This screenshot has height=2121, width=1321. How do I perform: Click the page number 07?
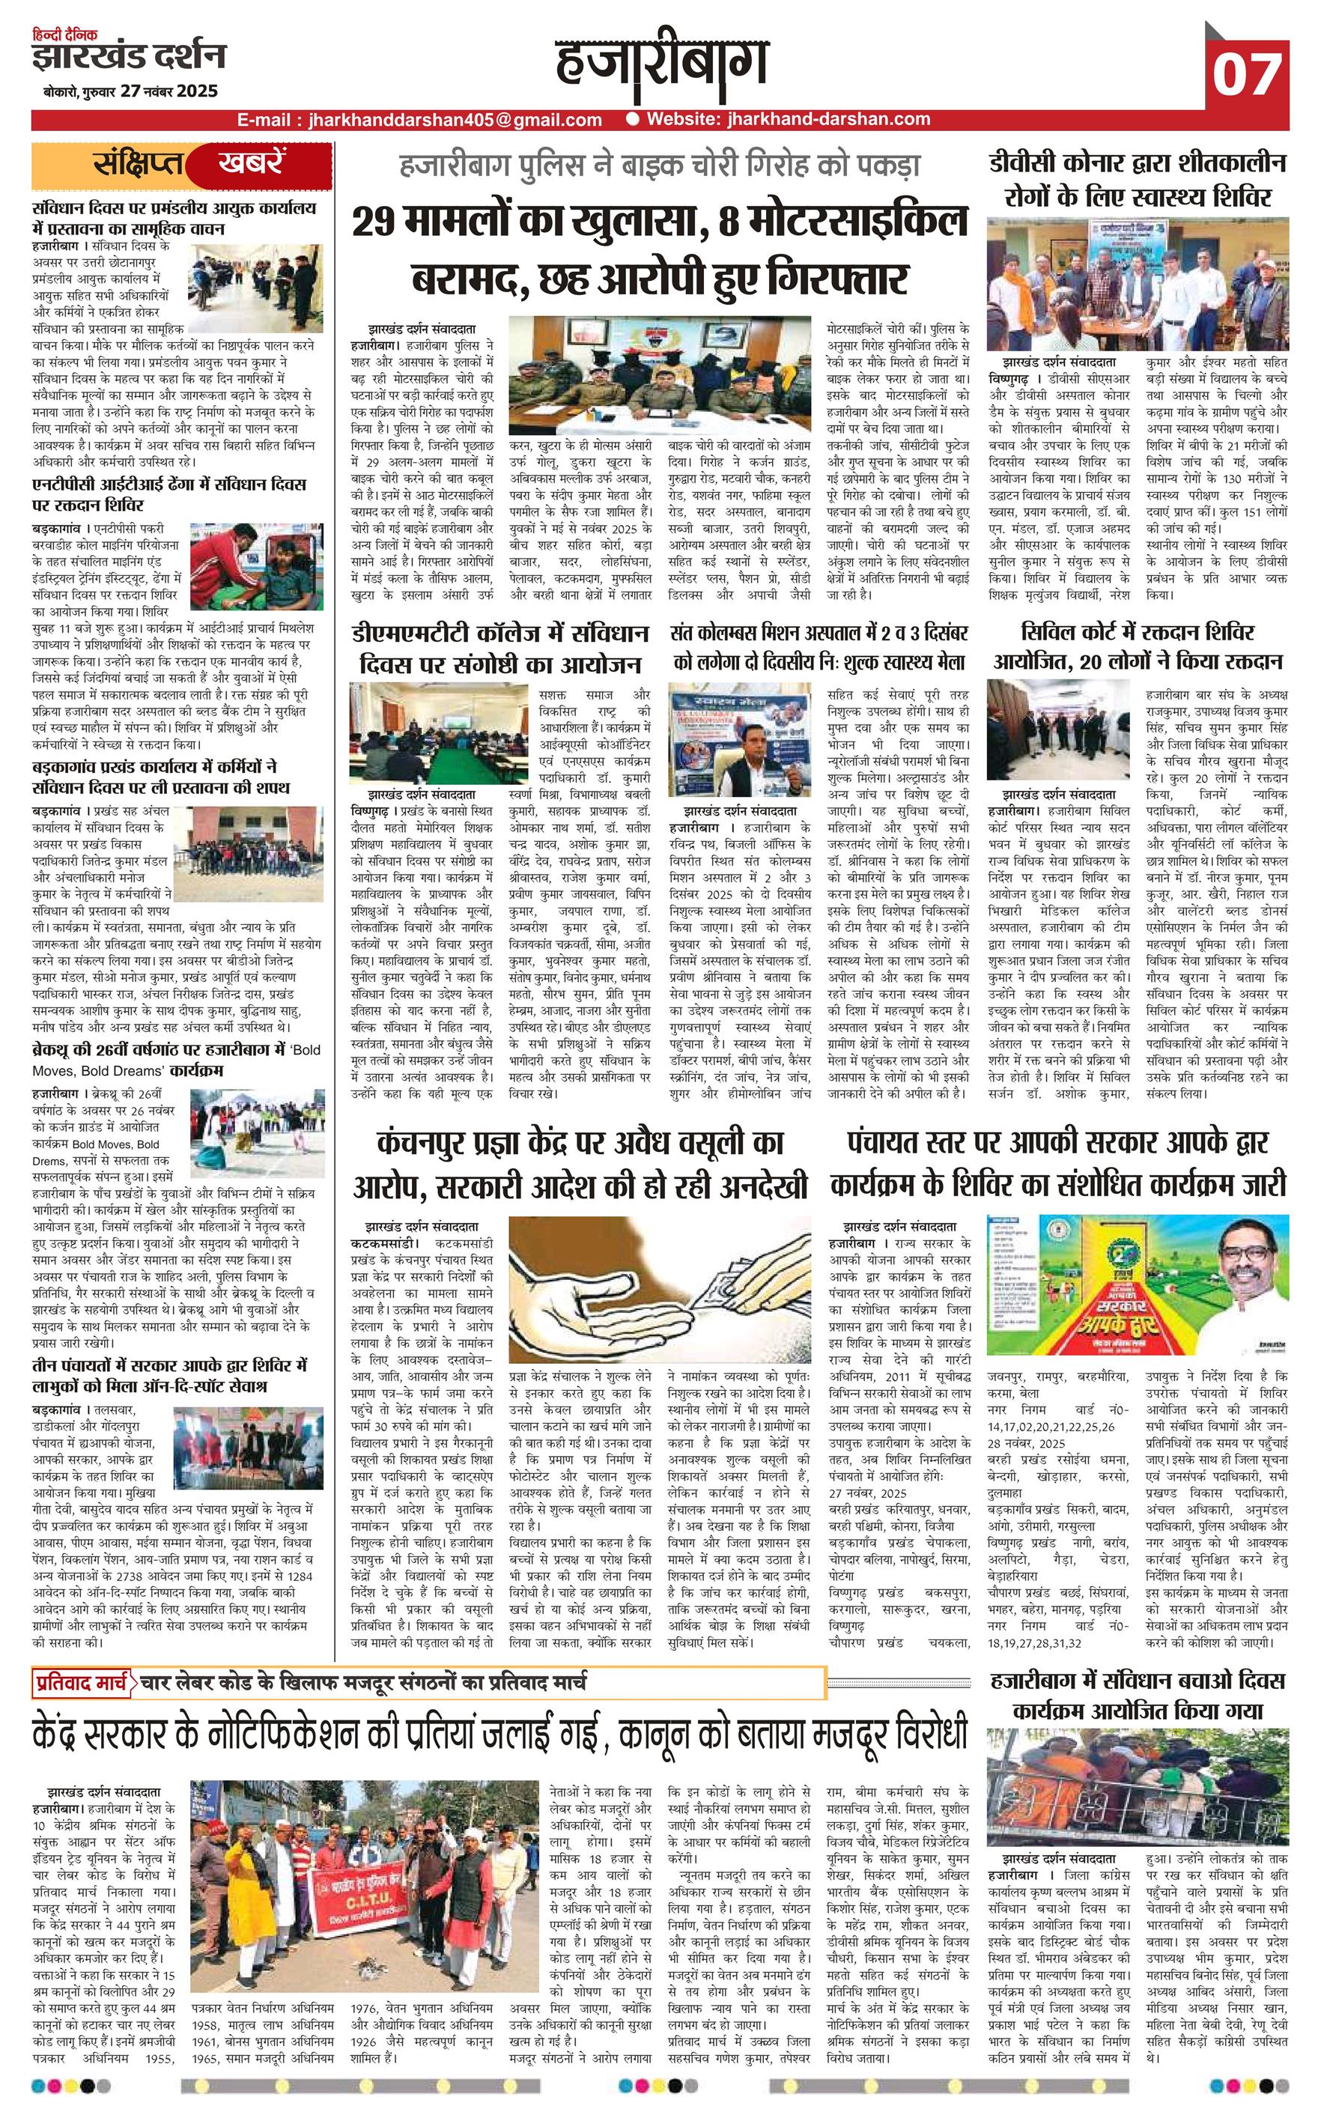pos(1247,74)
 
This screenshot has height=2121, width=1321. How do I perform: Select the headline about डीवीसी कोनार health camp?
pos(1138,180)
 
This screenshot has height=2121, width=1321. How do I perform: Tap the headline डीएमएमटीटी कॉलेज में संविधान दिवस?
pos(499,647)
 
